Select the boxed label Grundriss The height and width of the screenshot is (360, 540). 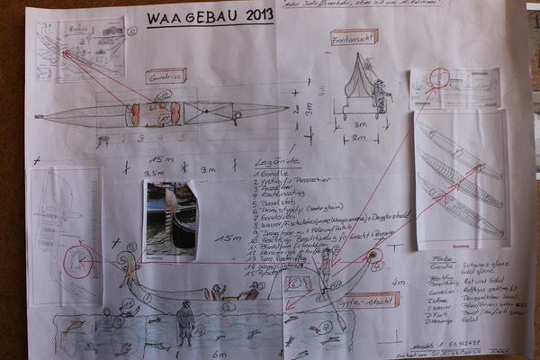(x=166, y=76)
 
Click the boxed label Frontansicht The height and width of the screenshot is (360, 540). (x=354, y=37)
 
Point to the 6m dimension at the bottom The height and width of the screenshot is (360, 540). (x=219, y=354)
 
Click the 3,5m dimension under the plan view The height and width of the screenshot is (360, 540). (x=152, y=170)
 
